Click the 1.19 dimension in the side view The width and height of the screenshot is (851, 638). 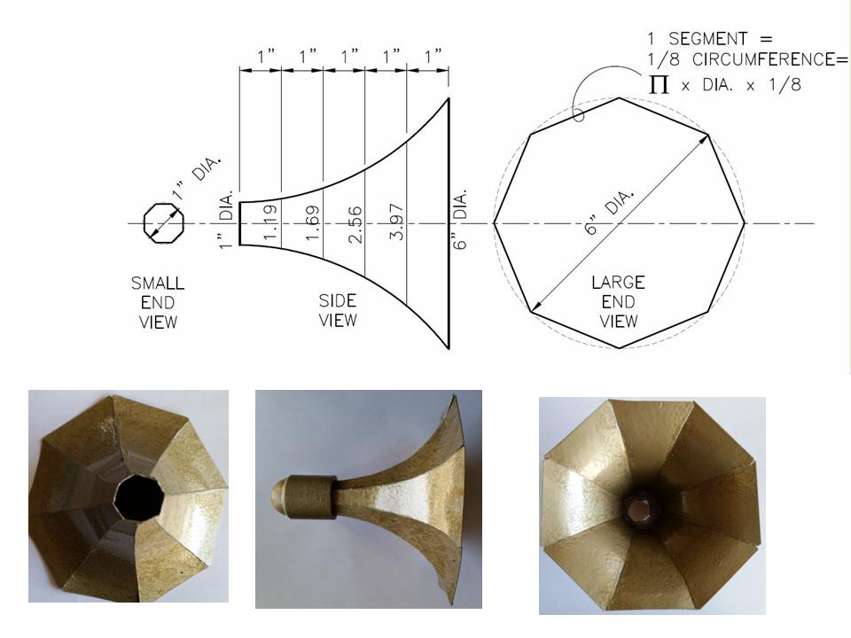(269, 222)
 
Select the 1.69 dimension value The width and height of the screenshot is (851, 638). (311, 223)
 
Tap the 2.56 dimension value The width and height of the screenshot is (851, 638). (354, 224)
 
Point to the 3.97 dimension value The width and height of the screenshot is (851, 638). (396, 222)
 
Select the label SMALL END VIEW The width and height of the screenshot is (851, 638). (158, 303)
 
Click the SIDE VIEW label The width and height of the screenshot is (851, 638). (338, 311)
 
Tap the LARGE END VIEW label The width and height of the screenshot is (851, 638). (618, 301)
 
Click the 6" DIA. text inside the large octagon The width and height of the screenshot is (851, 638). (608, 212)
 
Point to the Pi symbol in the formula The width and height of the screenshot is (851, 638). (659, 84)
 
